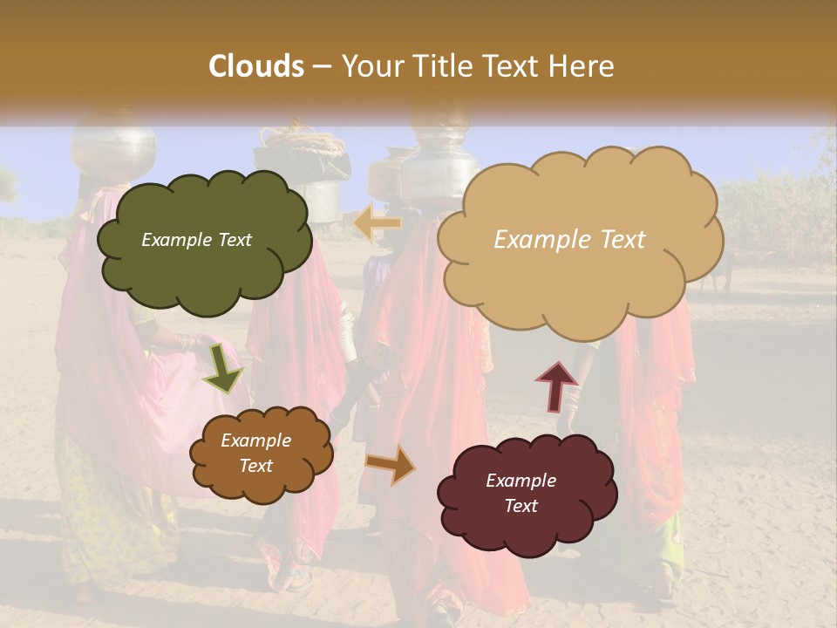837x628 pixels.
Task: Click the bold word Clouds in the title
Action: point(256,66)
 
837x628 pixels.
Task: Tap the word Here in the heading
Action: point(583,66)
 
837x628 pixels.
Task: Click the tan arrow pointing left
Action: point(377,223)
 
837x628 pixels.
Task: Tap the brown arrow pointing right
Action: point(391,464)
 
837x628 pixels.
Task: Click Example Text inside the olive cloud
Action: point(196,240)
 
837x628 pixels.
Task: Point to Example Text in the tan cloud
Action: point(569,240)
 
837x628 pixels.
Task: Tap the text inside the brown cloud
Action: point(256,454)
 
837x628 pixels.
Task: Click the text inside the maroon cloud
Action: point(521,493)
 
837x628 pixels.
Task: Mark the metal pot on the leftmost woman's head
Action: point(113,150)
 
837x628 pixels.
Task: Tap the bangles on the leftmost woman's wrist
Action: point(185,342)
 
